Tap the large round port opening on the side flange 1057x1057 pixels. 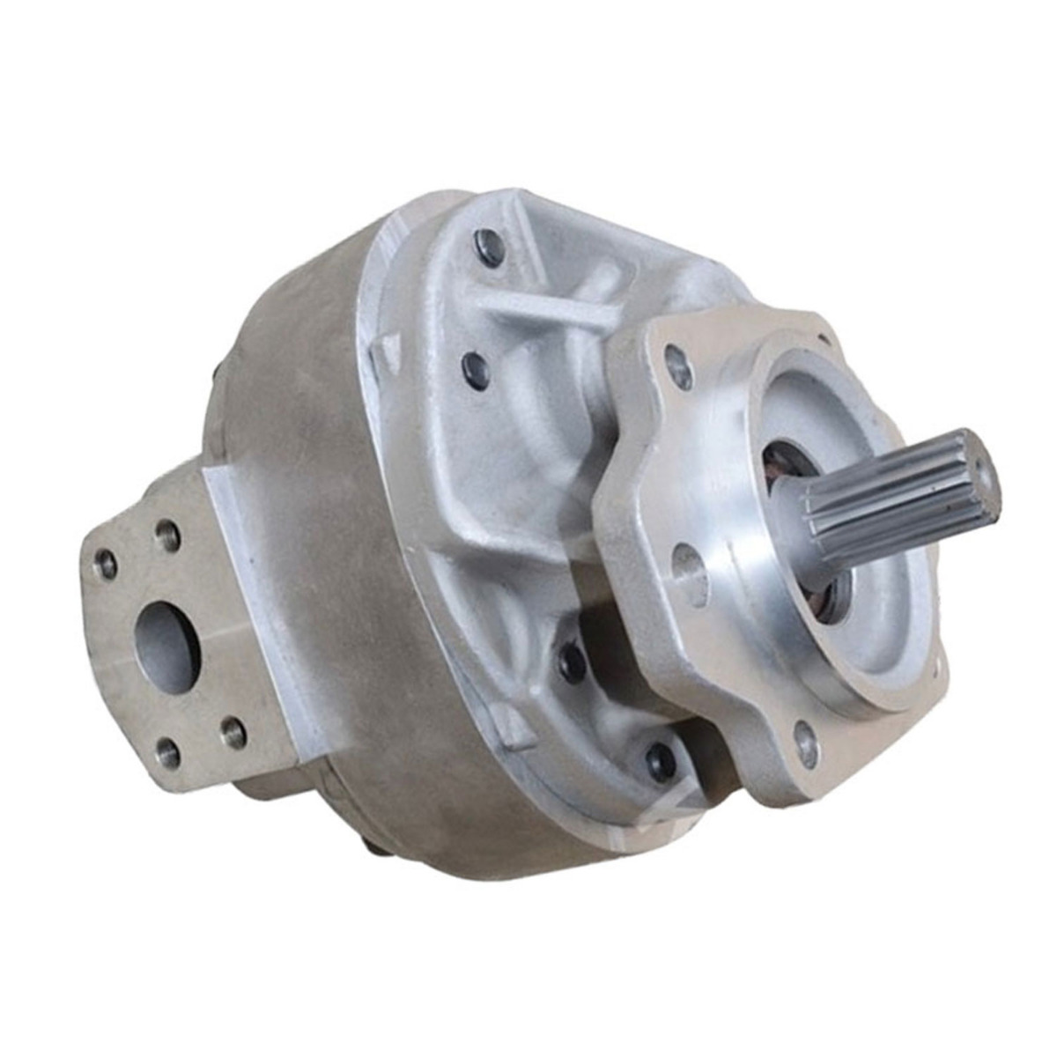[167, 645]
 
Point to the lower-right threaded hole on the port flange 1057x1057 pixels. [233, 730]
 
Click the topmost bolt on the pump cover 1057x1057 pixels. [490, 248]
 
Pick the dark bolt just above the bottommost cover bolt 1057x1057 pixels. [573, 661]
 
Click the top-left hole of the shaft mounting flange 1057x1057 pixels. [678, 366]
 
